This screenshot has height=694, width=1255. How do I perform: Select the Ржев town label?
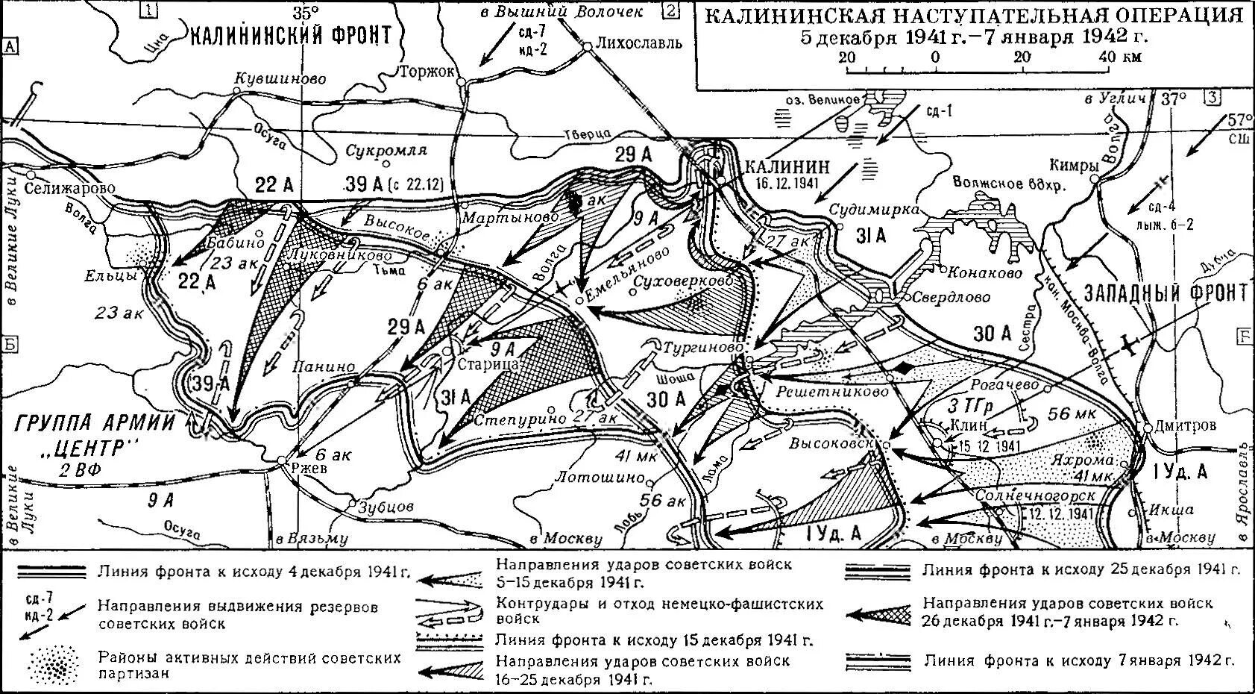coord(308,471)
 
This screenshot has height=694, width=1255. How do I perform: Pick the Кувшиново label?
coord(280,78)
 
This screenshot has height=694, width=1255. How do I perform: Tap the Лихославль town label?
coord(639,43)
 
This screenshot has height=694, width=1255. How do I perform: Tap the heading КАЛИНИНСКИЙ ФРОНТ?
coord(291,35)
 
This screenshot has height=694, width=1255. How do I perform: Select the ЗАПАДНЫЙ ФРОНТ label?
coord(1166,293)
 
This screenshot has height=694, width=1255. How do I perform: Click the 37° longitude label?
coord(1169,99)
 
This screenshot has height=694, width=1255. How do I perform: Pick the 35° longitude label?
coord(305,13)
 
